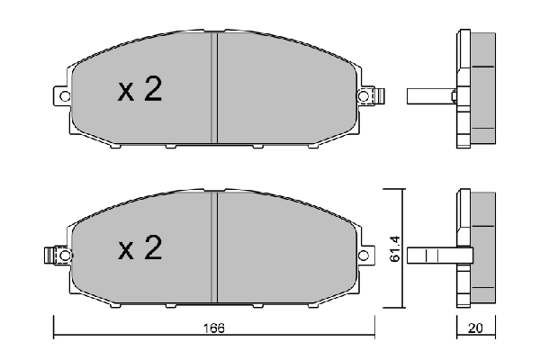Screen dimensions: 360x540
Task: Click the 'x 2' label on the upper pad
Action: coord(139,90)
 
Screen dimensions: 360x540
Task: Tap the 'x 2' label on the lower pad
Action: coord(139,249)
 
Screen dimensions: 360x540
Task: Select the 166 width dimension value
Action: coord(213,327)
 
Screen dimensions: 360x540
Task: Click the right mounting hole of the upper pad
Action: coord(364,95)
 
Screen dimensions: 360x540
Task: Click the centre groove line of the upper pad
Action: coord(212,90)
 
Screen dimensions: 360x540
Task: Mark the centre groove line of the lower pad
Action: coord(212,249)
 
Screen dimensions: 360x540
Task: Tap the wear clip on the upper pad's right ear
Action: coord(378,94)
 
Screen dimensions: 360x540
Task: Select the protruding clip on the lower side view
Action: coord(432,255)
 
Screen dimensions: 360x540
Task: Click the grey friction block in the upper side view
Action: coord(484,90)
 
